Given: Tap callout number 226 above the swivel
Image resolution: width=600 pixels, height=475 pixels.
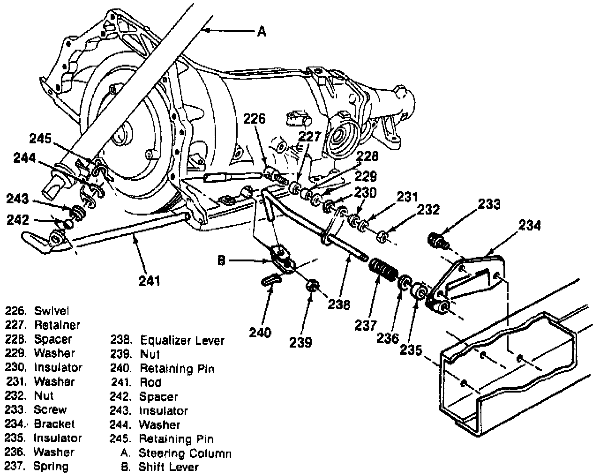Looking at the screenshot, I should point(254,119).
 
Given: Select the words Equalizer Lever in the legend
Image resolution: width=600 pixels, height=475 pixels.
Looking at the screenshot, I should point(182,341).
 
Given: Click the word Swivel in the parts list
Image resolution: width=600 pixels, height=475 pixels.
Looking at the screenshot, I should point(52,311).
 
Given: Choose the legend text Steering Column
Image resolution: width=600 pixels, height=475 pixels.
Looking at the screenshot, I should point(185,453).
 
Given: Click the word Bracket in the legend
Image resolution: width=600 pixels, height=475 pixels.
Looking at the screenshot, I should point(54,424).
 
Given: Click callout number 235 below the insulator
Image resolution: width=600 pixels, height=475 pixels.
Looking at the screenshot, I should point(411,350).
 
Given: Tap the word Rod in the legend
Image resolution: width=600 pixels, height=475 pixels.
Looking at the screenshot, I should point(150,382).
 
